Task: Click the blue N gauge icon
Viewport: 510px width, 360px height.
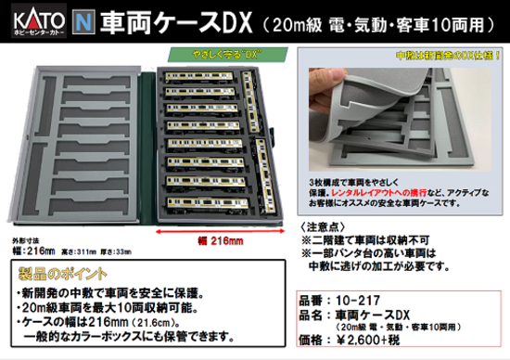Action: [x=87, y=16]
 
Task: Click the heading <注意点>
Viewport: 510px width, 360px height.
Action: [x=323, y=225]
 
